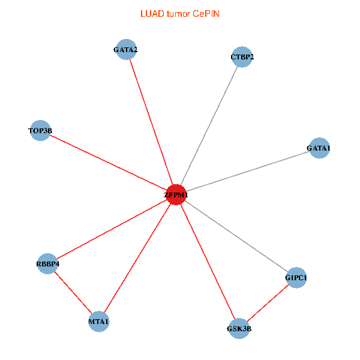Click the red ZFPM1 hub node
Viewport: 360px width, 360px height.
pyautogui.click(x=176, y=194)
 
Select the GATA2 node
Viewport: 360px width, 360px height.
pyautogui.click(x=126, y=50)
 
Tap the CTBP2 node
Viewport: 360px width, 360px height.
pyautogui.click(x=242, y=58)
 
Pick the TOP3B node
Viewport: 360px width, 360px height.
pyautogui.click(x=40, y=130)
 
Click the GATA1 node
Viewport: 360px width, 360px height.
pyautogui.click(x=319, y=148)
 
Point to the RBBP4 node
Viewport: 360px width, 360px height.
pyautogui.click(x=48, y=263)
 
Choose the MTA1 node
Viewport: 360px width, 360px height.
pyautogui.click(x=99, y=322)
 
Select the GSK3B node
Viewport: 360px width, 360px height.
pyautogui.click(x=239, y=328)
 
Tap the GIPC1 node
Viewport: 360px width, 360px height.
pyautogui.click(x=296, y=278)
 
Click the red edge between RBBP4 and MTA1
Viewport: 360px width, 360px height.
pyautogui.click(x=73, y=292)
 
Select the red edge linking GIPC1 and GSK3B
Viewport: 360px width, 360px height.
pyautogui.click(x=268, y=303)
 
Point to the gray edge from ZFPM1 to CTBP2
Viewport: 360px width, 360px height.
pyautogui.click(x=209, y=126)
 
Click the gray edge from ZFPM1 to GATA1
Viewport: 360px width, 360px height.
pyautogui.click(x=247, y=171)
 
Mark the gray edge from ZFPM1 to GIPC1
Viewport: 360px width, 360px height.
pyautogui.click(x=236, y=236)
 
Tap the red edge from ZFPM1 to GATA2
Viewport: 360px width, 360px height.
pyautogui.click(x=151, y=122)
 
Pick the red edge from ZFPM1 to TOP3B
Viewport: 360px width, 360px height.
pyautogui.click(x=108, y=162)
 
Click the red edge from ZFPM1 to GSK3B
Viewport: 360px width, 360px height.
pyautogui.click(x=208, y=261)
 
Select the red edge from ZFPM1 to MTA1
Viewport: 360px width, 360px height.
pyautogui.click(x=138, y=258)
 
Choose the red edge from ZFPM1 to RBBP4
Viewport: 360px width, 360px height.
pyautogui.click(x=112, y=229)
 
